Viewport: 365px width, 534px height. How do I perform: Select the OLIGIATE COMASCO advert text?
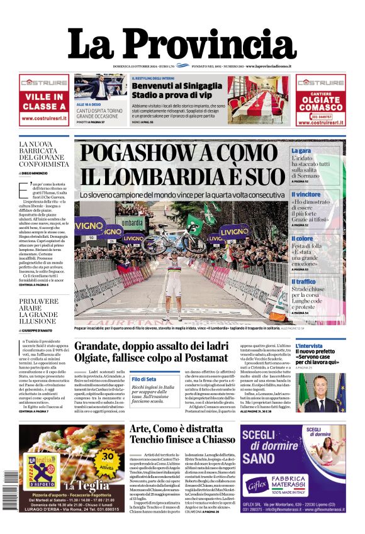320,103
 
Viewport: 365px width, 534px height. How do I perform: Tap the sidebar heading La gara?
301,151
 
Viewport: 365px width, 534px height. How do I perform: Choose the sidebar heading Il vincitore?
306,195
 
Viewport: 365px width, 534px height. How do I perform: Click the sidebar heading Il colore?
302,238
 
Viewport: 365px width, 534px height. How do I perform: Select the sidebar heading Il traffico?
303,282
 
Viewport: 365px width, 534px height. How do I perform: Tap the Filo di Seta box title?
144,379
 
